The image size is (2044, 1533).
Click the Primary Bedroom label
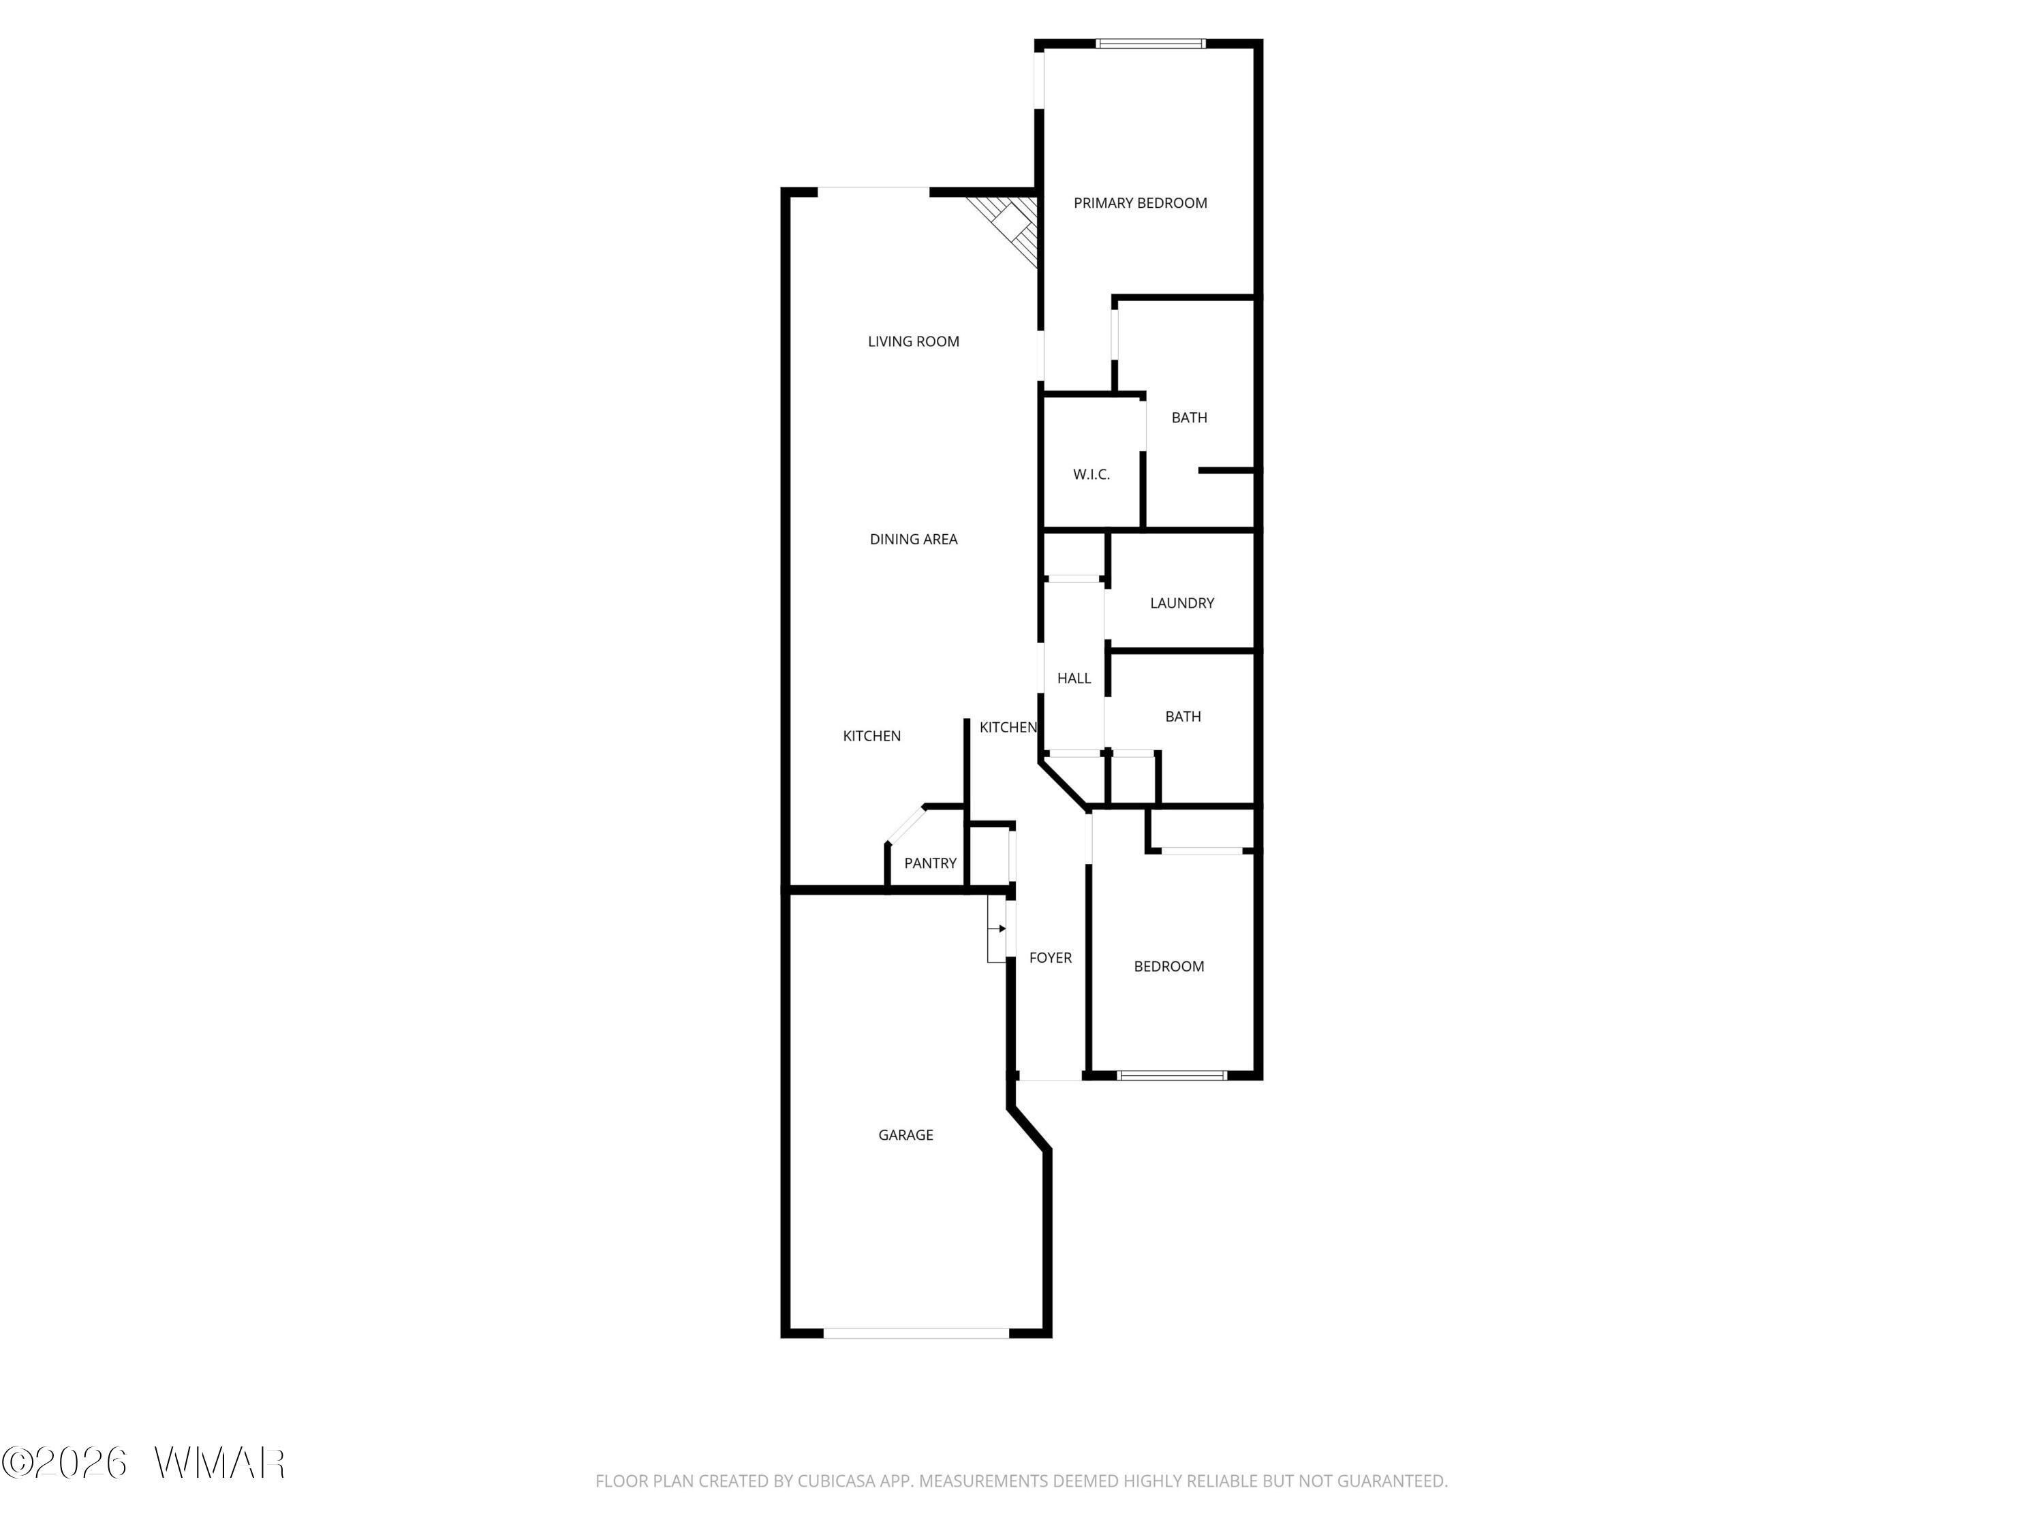click(x=1141, y=203)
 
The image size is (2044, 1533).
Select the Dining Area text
click(x=913, y=540)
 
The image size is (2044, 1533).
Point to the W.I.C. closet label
click(x=1091, y=475)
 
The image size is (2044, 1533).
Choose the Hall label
click(x=1074, y=678)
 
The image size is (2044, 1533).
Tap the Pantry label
click(x=929, y=863)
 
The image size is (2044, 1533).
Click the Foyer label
click(x=1051, y=958)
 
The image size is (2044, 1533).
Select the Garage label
click(x=905, y=1134)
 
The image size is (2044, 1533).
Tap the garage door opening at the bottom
click(x=916, y=1333)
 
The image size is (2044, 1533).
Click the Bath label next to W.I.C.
click(x=1189, y=418)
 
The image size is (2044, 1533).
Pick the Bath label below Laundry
click(x=1183, y=716)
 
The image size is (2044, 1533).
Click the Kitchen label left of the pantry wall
click(x=871, y=737)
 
